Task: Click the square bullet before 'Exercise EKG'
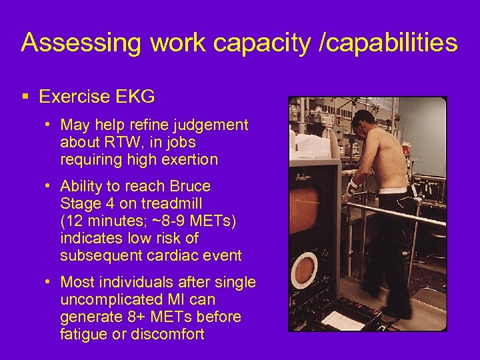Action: click(25, 97)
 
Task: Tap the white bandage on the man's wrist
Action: click(351, 187)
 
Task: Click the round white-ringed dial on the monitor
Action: click(305, 269)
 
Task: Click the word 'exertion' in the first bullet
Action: click(187, 159)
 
